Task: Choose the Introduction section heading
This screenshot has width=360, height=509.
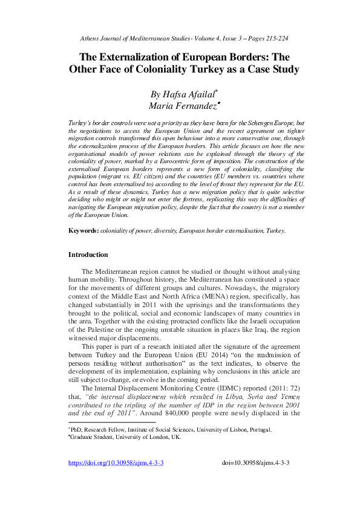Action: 88,255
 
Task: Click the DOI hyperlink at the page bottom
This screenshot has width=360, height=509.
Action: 116,462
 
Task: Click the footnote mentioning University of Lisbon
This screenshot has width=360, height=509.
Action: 171,430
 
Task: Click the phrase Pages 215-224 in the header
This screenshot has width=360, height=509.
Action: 263,38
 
